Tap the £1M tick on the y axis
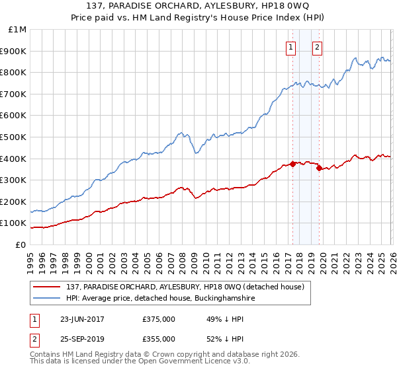[x=18, y=30]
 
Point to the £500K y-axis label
[x=14, y=137]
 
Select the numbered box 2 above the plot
[x=318, y=47]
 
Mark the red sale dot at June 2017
[x=292, y=165]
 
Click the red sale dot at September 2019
[x=318, y=168]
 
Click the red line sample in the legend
[x=47, y=287]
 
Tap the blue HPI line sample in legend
[x=47, y=299]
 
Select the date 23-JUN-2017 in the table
[x=82, y=319]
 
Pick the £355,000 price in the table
[x=159, y=339]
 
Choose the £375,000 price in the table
[x=159, y=319]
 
